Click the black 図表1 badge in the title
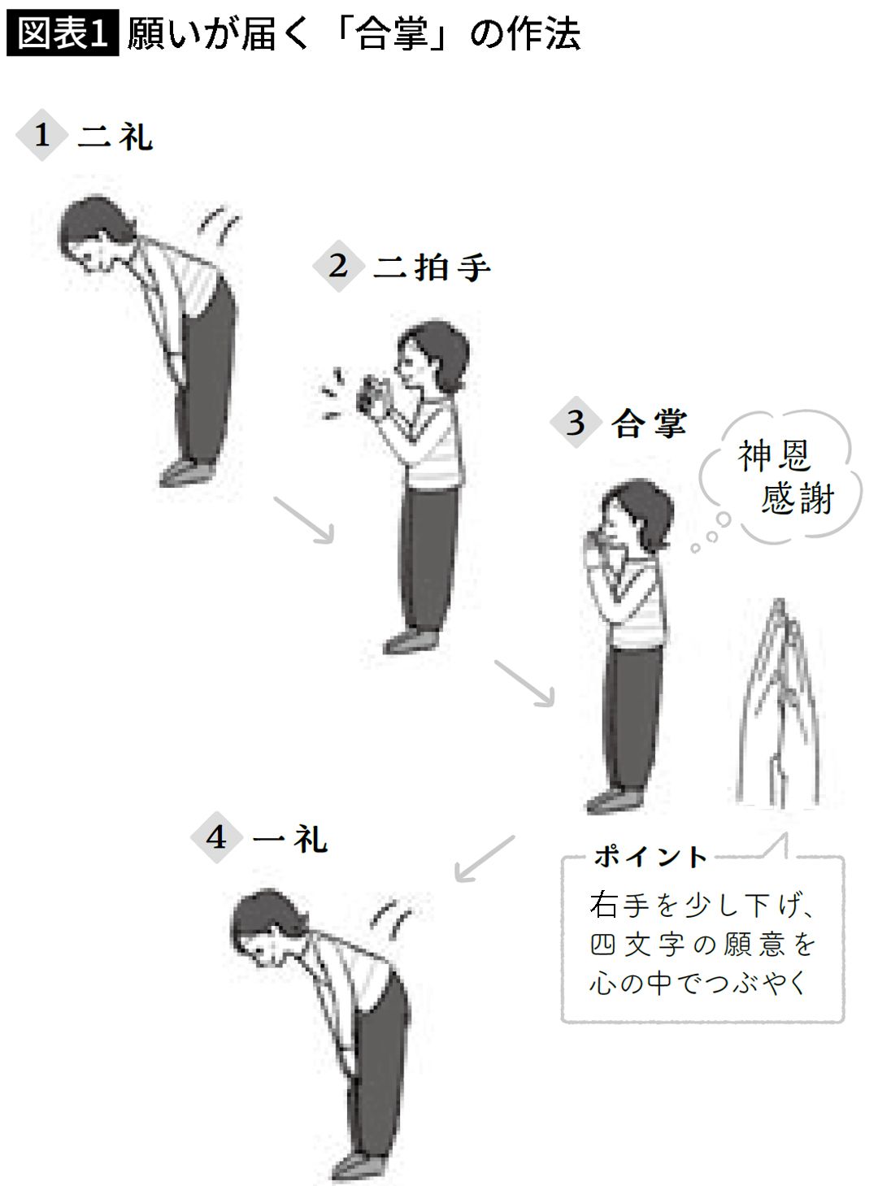[x=62, y=35]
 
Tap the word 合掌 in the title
[x=393, y=35]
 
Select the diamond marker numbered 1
[x=41, y=135]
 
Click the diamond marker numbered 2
[x=338, y=266]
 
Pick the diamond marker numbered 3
[x=576, y=423]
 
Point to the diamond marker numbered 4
[x=216, y=836]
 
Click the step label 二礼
[x=115, y=137]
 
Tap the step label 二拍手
[x=432, y=267]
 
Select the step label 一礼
[x=289, y=838]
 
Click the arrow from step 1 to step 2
[x=304, y=519]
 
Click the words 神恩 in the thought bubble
[x=774, y=455]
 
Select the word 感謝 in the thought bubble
[x=798, y=498]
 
